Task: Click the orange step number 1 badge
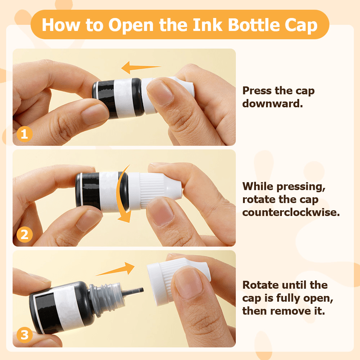click(24, 134)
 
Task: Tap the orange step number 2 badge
click(24, 234)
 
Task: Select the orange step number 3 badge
click(24, 335)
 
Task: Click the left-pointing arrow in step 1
click(141, 67)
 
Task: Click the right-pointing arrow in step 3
click(115, 269)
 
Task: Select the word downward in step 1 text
click(273, 104)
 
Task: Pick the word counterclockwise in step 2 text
click(291, 212)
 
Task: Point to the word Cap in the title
click(301, 25)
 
